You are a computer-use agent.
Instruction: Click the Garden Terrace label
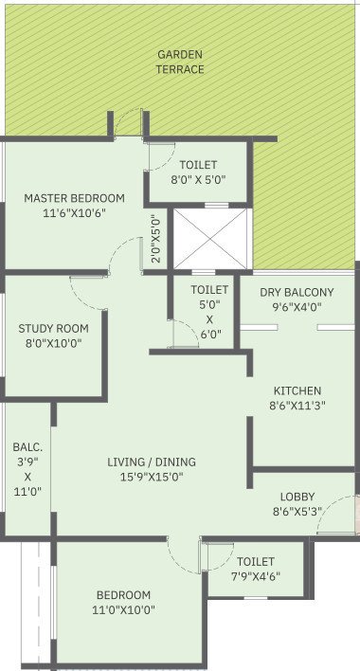pos(180,63)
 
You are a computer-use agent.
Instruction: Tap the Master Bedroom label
pos(74,198)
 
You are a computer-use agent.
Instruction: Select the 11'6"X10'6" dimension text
pos(74,214)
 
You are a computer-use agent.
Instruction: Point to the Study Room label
pos(53,329)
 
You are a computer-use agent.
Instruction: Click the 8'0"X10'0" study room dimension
pos(53,344)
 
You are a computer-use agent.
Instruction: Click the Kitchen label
pos(297,390)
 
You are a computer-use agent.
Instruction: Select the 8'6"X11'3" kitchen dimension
pos(297,407)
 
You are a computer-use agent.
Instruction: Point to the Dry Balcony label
pos(297,292)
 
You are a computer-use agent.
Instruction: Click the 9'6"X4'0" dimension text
pos(297,307)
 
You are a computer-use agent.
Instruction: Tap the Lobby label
pos(297,497)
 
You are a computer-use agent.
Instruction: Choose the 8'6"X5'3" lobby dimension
pos(297,513)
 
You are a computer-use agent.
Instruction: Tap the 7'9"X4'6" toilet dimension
pos(255,576)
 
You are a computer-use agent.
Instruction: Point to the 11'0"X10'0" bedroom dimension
pos(123,610)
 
